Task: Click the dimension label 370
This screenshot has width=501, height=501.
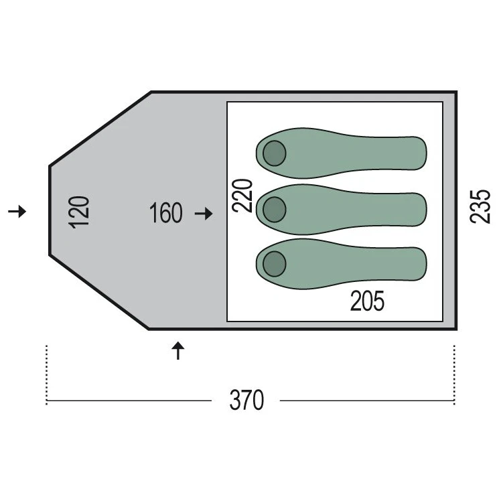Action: pos(246,400)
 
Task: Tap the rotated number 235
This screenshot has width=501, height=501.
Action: pos(480,206)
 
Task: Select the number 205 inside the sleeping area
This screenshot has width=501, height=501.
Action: pos(367,301)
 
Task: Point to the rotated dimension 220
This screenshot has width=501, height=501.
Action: pos(242,196)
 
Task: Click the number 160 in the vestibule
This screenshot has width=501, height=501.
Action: pos(166,213)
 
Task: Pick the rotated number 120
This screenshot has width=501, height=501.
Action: pos(78,212)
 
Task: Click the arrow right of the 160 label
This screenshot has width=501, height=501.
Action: pos(204,213)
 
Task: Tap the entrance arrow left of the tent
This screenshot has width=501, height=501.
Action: pos(17,211)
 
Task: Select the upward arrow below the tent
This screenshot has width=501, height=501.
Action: pos(178,350)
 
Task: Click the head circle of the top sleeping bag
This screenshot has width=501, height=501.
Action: pos(275,153)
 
